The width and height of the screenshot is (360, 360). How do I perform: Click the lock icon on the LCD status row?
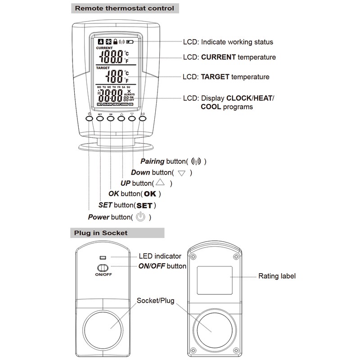click(116, 41)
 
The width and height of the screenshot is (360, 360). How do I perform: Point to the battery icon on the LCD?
click(130, 42)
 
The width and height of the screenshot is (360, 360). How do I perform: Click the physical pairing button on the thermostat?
click(143, 119)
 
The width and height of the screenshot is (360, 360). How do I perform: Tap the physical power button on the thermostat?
click(89, 119)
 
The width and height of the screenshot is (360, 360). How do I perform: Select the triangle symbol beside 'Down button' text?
click(182, 173)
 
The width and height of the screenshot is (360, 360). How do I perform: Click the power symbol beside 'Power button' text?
click(141, 217)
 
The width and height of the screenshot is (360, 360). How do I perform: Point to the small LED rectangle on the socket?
click(103, 258)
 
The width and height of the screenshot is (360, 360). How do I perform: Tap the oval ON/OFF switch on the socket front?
click(103, 267)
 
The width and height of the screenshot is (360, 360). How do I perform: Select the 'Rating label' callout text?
click(277, 276)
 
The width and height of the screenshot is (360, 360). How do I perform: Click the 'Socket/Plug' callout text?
click(155, 300)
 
